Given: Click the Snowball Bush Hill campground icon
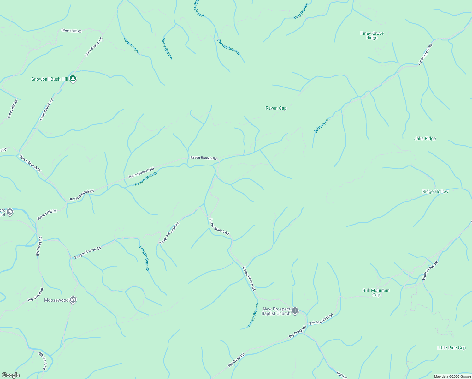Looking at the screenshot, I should pyautogui.click(x=73, y=78).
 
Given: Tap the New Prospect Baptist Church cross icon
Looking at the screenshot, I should pyautogui.click(x=295, y=311).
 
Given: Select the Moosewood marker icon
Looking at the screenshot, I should pyautogui.click(x=73, y=300).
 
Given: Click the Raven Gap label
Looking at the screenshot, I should pyautogui.click(x=276, y=108).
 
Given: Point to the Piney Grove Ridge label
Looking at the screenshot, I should pyautogui.click(x=372, y=35).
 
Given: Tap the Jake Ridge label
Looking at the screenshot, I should pyautogui.click(x=425, y=138).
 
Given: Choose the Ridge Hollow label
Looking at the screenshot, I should pyautogui.click(x=435, y=191).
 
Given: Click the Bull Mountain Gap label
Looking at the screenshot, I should pyautogui.click(x=376, y=292).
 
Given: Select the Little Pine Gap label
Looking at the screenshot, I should pyautogui.click(x=451, y=348).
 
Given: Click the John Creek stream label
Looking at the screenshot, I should pyautogui.click(x=322, y=125).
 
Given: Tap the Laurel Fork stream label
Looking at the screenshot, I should pyautogui.click(x=131, y=45).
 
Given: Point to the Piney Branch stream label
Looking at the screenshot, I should pyautogui.click(x=167, y=48).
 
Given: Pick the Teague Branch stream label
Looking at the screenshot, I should pyautogui.click(x=144, y=258).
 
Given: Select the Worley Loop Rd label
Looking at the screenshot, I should pyautogui.click(x=430, y=270).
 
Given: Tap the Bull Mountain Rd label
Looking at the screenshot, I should pyautogui.click(x=321, y=319).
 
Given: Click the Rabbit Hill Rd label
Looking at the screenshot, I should pyautogui.click(x=47, y=214).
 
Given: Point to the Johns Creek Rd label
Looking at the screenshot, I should pyautogui.click(x=425, y=54).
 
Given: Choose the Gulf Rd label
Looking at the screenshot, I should pyautogui.click(x=342, y=375).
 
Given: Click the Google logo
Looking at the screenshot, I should pyautogui.click(x=10, y=375).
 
